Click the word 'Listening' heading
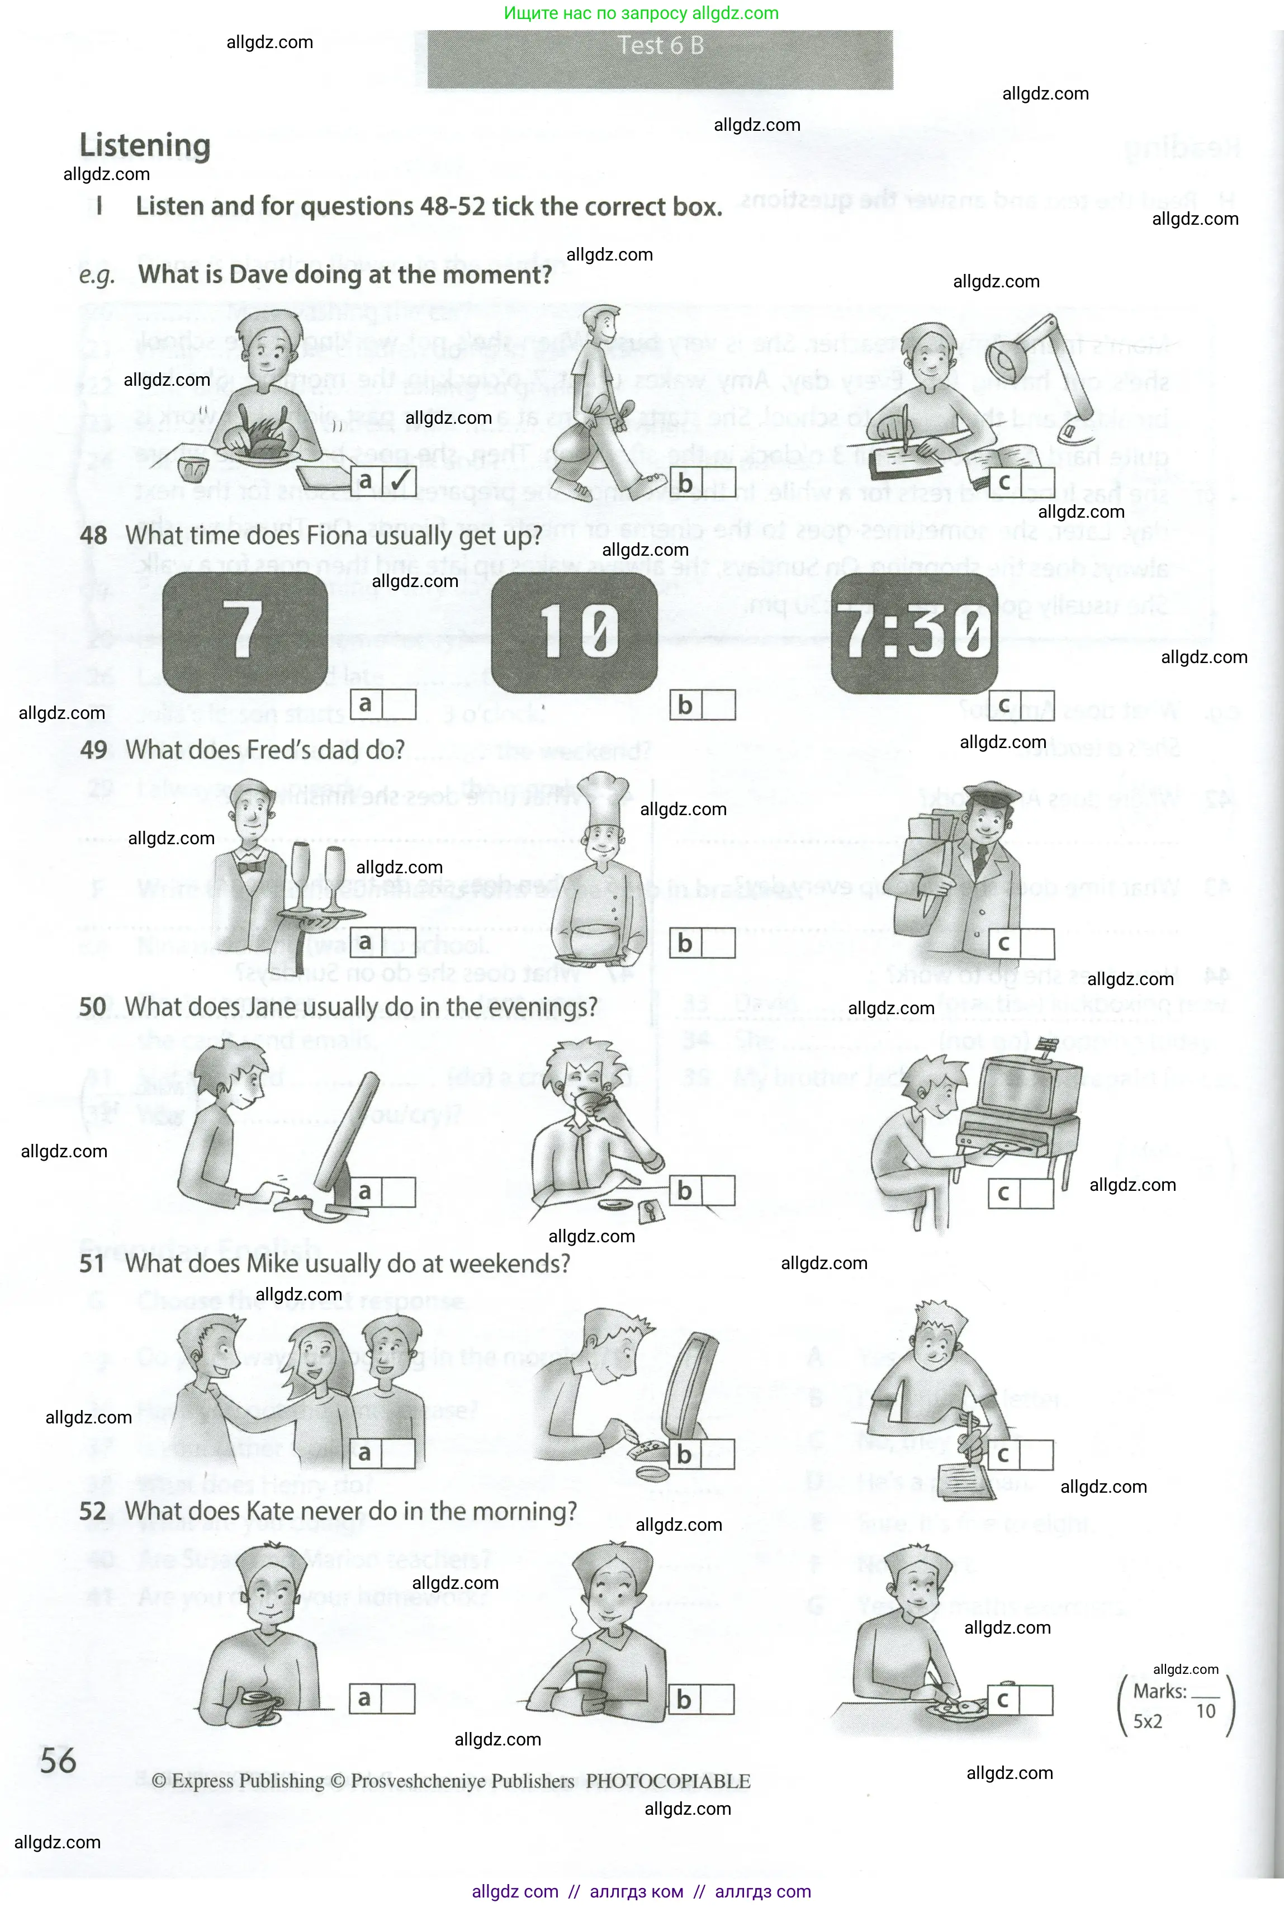145,146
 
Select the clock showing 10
574,632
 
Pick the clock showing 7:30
914,633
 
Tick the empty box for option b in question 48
718,705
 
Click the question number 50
93,1006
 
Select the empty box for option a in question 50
399,1191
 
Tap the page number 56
58,1761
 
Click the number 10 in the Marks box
1205,1711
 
